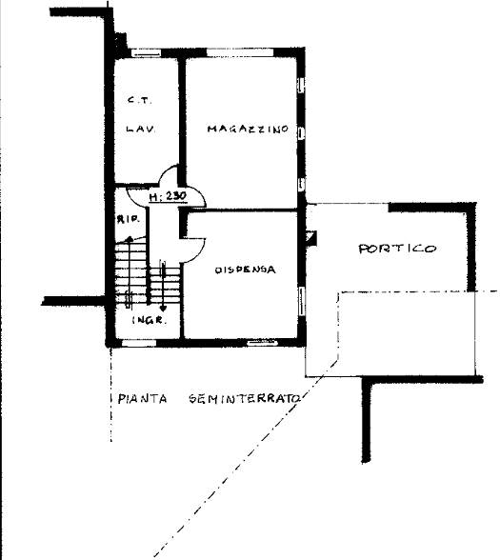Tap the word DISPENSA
245,270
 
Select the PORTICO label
397,249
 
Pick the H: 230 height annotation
168,198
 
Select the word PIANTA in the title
139,398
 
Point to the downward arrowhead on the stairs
164,309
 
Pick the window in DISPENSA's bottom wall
260,340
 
